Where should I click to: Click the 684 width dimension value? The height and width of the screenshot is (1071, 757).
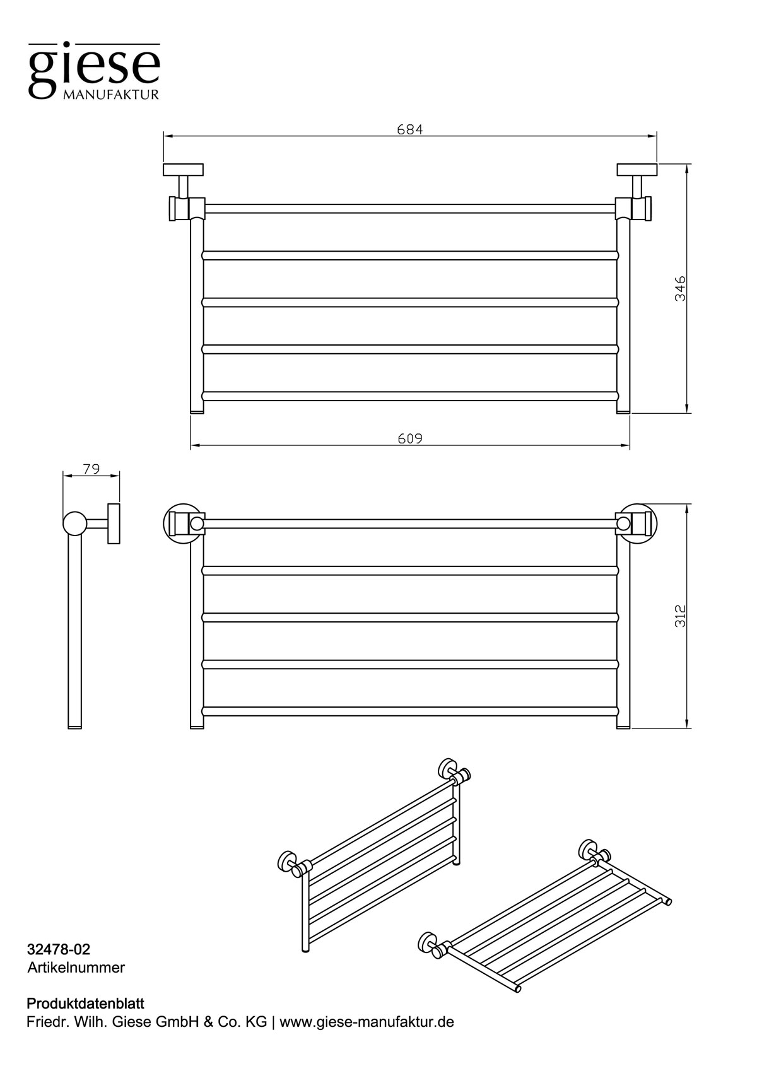tap(409, 130)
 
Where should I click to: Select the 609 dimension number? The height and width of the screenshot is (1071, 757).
tap(409, 438)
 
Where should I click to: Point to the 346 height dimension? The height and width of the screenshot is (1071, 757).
tap(680, 288)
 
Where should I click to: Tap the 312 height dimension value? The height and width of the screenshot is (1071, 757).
tap(680, 616)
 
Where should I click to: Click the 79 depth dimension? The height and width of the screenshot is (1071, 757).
tap(91, 469)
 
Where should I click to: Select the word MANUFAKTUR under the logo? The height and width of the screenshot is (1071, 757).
tap(110, 95)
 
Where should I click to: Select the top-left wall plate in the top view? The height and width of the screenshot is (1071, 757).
tap(183, 169)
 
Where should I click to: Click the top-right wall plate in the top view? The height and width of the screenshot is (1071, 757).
tap(637, 169)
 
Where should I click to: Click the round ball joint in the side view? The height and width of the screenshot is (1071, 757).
tap(75, 523)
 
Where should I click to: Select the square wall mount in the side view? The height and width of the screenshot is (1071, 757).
tap(114, 523)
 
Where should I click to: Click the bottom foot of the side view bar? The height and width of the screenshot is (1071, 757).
tap(75, 727)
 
